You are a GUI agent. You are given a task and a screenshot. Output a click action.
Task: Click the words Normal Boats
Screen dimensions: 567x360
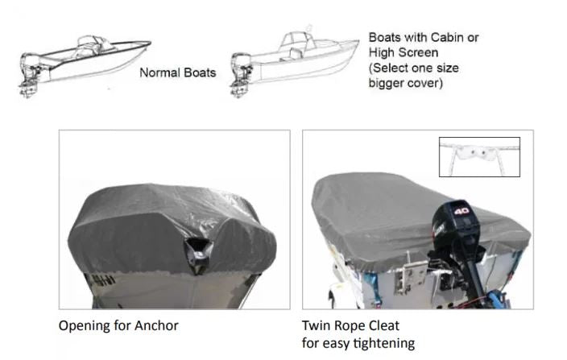(x=177, y=72)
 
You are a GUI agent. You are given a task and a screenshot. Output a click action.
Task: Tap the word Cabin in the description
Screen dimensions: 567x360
(x=447, y=37)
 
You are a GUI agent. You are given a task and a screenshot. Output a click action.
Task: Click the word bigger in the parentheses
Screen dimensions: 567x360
(x=388, y=83)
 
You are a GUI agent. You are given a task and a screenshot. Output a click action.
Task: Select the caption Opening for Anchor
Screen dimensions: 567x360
(x=118, y=325)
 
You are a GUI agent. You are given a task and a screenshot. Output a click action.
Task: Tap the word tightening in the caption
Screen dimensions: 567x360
(x=383, y=342)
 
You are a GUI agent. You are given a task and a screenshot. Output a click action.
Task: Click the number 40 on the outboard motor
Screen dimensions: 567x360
(x=461, y=211)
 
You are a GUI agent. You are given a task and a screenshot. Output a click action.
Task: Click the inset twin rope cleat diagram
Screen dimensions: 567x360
(x=479, y=157)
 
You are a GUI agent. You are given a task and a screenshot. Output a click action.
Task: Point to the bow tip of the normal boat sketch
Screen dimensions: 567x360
(x=150, y=43)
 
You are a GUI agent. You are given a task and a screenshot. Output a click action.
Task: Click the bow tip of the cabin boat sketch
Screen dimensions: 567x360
(x=358, y=42)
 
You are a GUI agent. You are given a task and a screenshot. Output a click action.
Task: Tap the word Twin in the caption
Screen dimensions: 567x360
(x=315, y=325)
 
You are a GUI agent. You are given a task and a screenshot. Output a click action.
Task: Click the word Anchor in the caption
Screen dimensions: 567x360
(x=156, y=325)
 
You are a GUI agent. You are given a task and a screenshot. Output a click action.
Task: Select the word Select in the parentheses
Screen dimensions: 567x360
(x=391, y=68)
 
